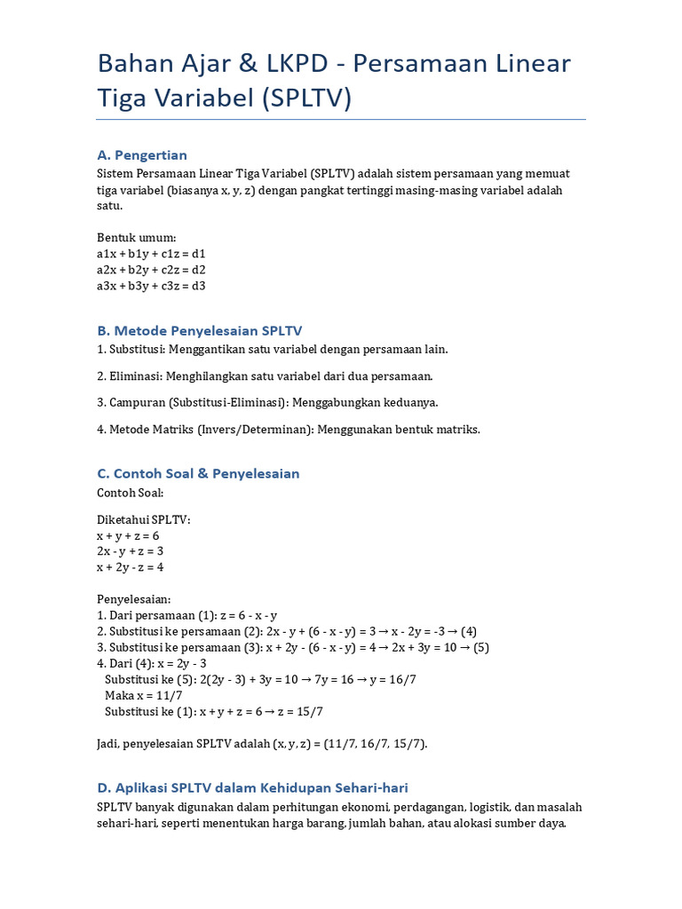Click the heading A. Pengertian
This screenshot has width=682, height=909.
(142, 155)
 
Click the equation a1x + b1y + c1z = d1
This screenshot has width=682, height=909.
(151, 253)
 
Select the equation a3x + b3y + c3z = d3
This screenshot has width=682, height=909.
(151, 285)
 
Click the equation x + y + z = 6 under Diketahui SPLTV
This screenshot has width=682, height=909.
(128, 536)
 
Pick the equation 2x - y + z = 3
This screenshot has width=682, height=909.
(131, 551)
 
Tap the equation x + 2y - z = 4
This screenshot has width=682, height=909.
(131, 567)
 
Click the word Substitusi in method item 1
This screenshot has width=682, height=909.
(137, 349)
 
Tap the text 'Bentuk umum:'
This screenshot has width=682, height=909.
(136, 237)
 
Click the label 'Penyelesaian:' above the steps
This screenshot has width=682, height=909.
(133, 599)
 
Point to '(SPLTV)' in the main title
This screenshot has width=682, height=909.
(307, 99)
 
